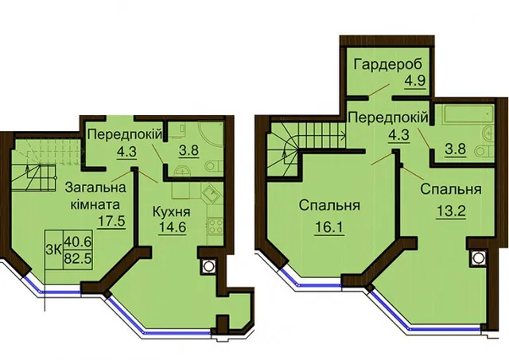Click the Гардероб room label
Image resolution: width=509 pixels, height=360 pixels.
(x=388, y=64)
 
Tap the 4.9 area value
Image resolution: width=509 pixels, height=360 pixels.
(x=414, y=79)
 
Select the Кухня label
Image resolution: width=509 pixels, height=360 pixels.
(x=172, y=212)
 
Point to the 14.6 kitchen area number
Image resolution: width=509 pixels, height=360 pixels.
(x=173, y=227)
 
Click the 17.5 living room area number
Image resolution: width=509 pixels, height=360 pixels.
(x=111, y=221)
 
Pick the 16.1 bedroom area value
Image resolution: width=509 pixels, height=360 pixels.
(x=329, y=227)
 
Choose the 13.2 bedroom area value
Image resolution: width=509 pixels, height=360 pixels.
(x=451, y=212)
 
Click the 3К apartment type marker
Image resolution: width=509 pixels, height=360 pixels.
(x=55, y=250)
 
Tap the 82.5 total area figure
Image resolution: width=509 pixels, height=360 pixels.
(x=78, y=258)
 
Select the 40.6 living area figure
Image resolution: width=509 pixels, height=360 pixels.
(x=78, y=242)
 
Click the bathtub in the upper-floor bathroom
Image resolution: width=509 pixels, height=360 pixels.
(x=468, y=114)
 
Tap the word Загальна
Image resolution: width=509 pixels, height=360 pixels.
(x=95, y=188)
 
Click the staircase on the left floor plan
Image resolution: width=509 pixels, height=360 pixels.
(x=46, y=166)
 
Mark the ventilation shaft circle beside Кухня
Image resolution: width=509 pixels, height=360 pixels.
(x=208, y=266)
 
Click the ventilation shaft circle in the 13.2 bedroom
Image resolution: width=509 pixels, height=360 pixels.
(x=477, y=258)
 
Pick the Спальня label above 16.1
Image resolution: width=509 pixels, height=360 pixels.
(x=329, y=206)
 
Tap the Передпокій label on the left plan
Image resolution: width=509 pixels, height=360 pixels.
(x=124, y=134)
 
